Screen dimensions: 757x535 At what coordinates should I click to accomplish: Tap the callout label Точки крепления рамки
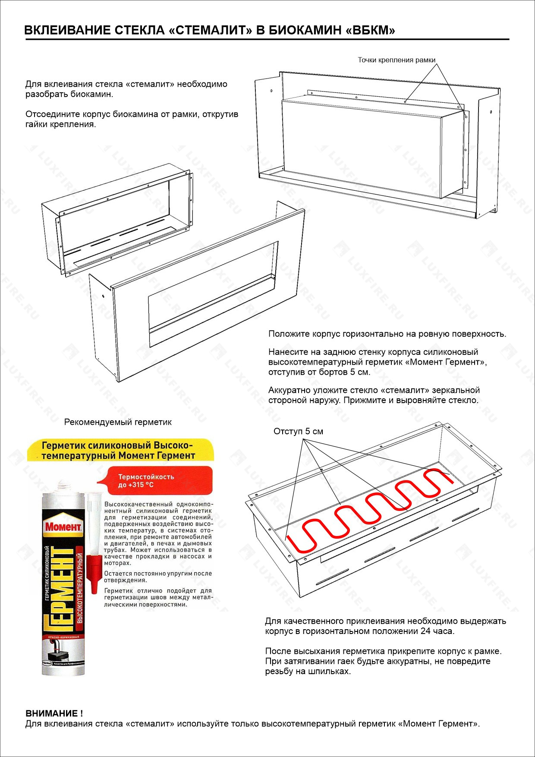pyautogui.click(x=396, y=60)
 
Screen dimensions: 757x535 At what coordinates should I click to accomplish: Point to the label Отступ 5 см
pyautogui.click(x=298, y=431)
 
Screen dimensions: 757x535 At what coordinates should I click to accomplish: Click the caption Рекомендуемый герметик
pyautogui.click(x=118, y=422)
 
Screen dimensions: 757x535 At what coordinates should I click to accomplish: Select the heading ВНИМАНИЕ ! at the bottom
pyautogui.click(x=54, y=713)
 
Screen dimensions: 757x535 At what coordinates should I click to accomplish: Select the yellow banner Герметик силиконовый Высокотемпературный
pyautogui.click(x=118, y=450)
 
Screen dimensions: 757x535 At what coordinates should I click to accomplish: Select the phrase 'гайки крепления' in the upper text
pyautogui.click(x=60, y=124)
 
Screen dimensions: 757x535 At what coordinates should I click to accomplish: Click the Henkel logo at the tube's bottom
pyautogui.click(x=47, y=662)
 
